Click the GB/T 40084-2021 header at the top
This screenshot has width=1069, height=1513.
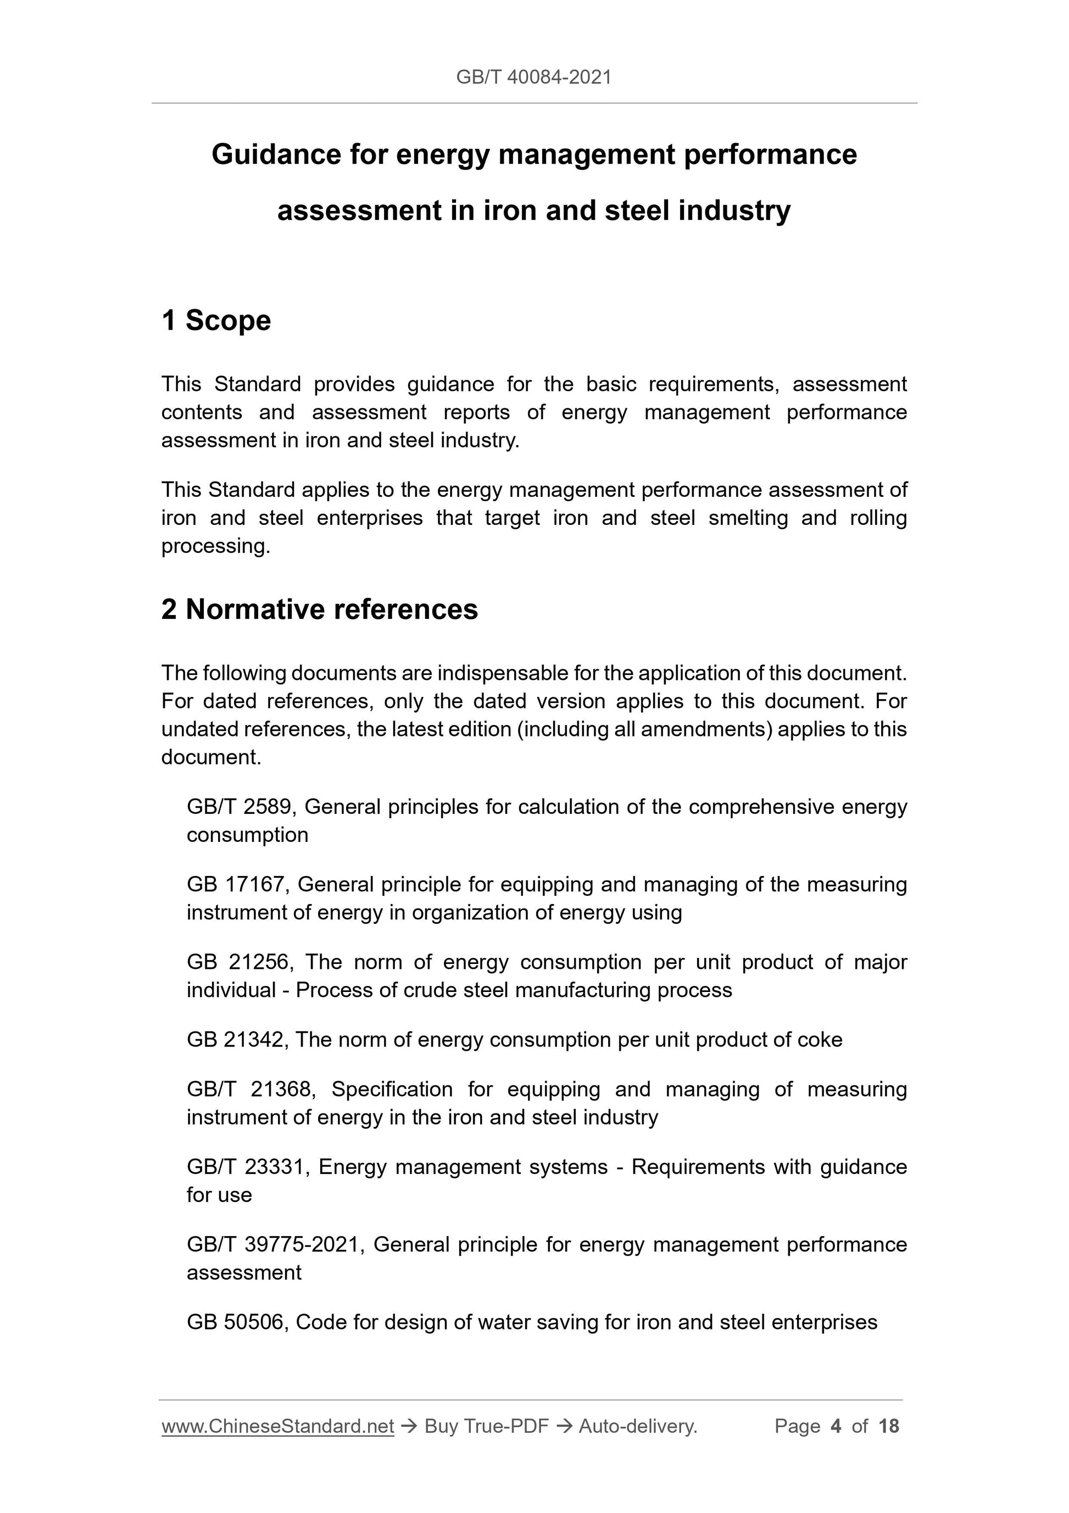[x=533, y=77]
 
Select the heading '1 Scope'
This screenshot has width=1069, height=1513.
[x=216, y=321]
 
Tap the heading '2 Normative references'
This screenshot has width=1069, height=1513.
[x=320, y=609]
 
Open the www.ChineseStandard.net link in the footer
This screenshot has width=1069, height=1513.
[x=277, y=1427]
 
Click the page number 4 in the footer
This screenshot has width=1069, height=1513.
[x=836, y=1427]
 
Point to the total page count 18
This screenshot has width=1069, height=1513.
[x=888, y=1427]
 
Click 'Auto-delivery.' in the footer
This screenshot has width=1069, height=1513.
[x=638, y=1427]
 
